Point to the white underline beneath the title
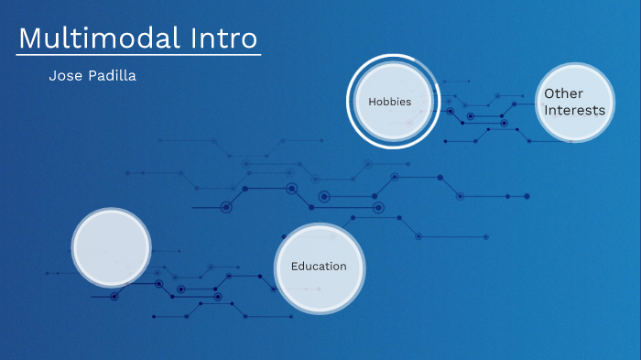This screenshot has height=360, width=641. click(138, 55)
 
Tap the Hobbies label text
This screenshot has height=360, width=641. click(389, 102)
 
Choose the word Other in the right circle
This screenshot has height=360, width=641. click(563, 93)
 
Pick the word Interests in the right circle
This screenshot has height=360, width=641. click(574, 110)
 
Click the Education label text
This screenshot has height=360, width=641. click(319, 267)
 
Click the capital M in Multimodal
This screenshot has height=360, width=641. click(29, 38)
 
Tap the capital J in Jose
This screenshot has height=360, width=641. click(51, 76)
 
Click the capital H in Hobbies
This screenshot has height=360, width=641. click(371, 102)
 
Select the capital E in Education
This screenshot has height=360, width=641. click(294, 267)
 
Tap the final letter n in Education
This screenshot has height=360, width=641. click(343, 267)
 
